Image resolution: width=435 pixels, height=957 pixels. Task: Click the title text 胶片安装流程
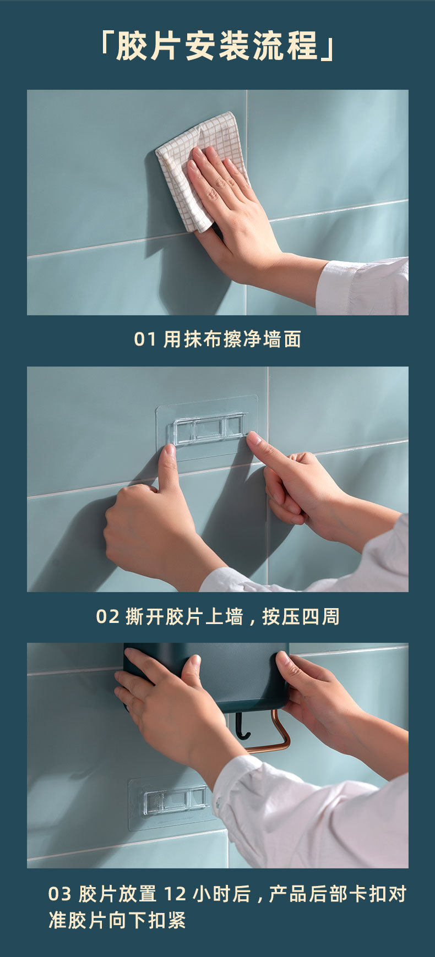[x=218, y=46]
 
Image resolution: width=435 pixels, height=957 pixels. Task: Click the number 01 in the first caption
[x=145, y=340]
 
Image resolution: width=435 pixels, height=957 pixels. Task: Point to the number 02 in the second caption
[x=107, y=616]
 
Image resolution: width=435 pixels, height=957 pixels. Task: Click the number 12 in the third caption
[x=176, y=894]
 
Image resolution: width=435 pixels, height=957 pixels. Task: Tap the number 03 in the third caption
[x=59, y=894]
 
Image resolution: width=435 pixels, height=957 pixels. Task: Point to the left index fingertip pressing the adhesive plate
[x=170, y=452]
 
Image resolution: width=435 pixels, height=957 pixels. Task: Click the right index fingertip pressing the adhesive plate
[x=253, y=439]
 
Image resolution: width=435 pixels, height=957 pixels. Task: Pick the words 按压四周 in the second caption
[x=301, y=616]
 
